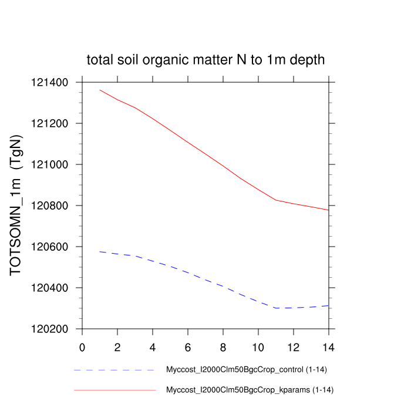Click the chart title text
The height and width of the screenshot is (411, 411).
click(206, 60)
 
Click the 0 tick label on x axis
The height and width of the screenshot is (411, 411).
click(82, 346)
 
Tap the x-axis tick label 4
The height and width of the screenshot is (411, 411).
click(153, 346)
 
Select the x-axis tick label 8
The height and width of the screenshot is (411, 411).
click(223, 346)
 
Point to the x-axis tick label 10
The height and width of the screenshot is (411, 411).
click(258, 346)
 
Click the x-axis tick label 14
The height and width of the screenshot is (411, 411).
click(329, 346)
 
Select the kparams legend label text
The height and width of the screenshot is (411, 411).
click(250, 390)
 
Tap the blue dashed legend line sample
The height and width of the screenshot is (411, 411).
click(114, 370)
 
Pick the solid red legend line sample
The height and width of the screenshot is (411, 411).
click(114, 390)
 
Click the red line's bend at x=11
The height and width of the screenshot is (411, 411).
click(276, 200)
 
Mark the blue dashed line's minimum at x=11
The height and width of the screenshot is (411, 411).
click(276, 308)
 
